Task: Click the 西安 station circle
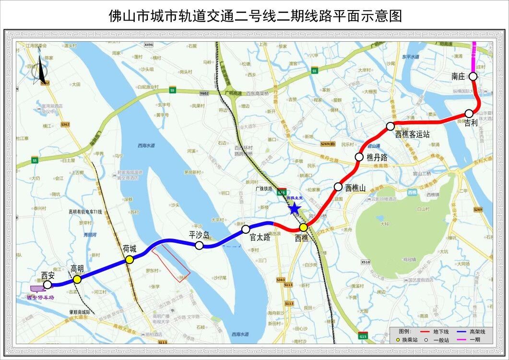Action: click(x=47, y=285)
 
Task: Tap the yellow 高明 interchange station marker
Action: click(x=77, y=279)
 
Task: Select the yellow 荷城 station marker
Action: click(x=129, y=260)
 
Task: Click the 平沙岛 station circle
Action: click(x=199, y=245)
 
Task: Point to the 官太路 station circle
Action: click(x=246, y=229)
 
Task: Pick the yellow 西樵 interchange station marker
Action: click(x=303, y=227)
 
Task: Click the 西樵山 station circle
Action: click(x=338, y=187)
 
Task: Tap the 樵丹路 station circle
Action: click(x=359, y=157)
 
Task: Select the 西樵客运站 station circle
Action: click(x=391, y=126)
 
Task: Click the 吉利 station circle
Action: click(x=469, y=114)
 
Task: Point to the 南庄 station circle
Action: click(x=473, y=76)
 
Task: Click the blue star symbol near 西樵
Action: click(x=294, y=208)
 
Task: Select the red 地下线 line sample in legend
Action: click(x=424, y=331)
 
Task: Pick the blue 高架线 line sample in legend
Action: click(x=460, y=331)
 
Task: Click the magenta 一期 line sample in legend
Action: click(x=460, y=340)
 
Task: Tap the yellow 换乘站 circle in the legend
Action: click(x=398, y=340)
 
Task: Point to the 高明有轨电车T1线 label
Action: click(x=86, y=212)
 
